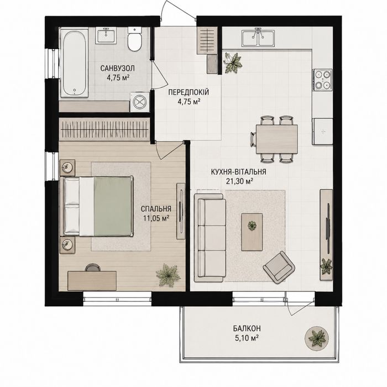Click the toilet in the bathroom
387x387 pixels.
coord(134,39)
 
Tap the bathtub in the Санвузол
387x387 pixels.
coord(75,63)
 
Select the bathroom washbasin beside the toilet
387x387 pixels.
coord(106,35)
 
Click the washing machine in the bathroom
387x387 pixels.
coord(140,102)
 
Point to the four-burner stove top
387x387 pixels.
coord(322,80)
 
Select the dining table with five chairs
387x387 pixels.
coord(276,139)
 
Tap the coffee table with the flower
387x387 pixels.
coord(252,232)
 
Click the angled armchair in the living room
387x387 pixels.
coord(279,267)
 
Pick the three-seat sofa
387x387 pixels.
coord(210,238)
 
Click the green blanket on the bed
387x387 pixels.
coord(112,206)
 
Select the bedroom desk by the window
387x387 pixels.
coord(92,281)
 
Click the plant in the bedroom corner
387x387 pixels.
coord(168,275)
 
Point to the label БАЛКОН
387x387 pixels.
coord(247,328)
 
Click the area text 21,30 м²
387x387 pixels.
coord(239,181)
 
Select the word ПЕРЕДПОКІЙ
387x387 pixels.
coord(189,92)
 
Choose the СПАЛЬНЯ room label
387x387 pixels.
coord(156,209)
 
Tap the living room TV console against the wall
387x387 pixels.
coord(326,234)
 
